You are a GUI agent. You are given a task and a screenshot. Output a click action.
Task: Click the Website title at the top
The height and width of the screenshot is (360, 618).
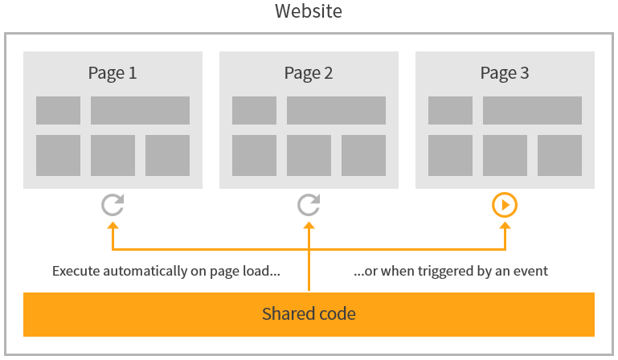(309, 12)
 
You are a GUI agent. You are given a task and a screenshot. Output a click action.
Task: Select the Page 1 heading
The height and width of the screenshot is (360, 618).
(113, 73)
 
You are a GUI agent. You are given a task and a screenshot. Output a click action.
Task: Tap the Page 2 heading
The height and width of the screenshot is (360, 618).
(309, 73)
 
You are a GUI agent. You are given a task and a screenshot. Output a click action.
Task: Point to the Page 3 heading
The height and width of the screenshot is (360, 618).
(505, 73)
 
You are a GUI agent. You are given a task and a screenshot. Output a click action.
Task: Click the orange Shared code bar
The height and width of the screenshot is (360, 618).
(309, 314)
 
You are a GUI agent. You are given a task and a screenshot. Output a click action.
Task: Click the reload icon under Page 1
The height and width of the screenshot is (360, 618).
(113, 206)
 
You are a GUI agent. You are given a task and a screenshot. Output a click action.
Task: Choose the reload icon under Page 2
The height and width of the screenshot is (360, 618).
(309, 206)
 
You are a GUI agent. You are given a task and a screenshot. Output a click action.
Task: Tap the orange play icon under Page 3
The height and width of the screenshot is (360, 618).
(505, 206)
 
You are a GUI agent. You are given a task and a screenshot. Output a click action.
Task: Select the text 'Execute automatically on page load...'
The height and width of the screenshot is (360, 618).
(166, 271)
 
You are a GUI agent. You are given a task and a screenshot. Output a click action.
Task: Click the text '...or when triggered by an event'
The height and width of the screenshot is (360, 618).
(451, 271)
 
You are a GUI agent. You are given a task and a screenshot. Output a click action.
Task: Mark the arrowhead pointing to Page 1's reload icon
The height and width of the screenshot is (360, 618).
(113, 227)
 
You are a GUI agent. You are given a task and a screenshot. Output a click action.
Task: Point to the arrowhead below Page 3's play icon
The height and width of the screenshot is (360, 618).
(505, 227)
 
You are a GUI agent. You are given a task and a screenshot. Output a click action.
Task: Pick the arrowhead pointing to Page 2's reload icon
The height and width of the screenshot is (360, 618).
(309, 227)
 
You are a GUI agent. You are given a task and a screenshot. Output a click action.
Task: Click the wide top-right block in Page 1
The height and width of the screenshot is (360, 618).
(140, 111)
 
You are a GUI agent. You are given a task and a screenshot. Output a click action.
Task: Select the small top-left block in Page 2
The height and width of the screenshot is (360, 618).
(254, 111)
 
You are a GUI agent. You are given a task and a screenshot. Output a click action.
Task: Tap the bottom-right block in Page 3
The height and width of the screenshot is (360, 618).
(559, 155)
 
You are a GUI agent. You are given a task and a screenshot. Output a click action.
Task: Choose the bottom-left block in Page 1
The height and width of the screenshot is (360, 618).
(58, 155)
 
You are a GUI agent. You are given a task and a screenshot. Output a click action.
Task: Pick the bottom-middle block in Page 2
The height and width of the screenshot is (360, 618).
(309, 155)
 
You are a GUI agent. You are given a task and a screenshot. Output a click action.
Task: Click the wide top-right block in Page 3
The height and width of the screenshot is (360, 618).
(532, 111)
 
